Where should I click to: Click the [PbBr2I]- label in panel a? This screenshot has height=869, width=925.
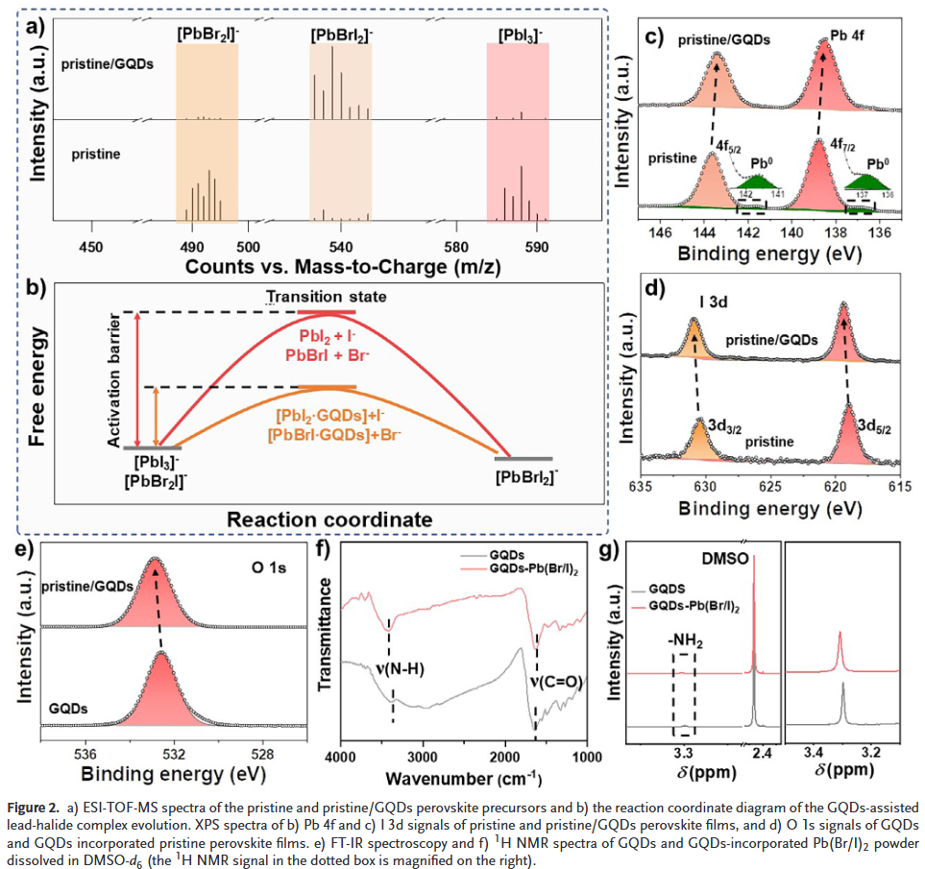(x=207, y=34)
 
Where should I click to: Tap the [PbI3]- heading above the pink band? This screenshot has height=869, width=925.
(x=519, y=35)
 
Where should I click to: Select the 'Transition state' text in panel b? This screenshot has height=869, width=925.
(x=328, y=297)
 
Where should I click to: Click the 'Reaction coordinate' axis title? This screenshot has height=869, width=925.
(x=329, y=519)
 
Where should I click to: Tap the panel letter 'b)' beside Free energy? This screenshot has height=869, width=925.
(x=38, y=286)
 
